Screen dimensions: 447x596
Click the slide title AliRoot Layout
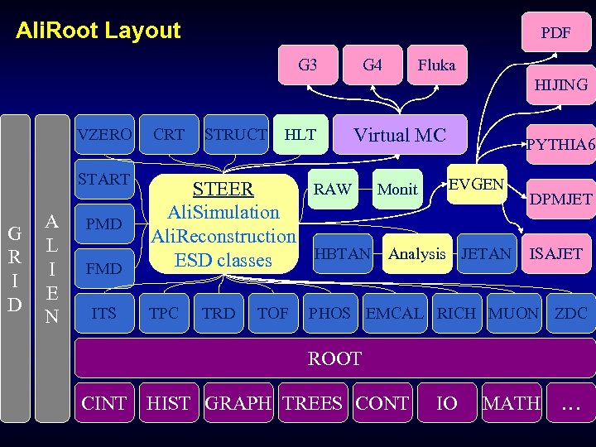99,31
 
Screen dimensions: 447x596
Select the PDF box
555,33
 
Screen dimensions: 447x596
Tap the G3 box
307,65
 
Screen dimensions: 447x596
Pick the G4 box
372,65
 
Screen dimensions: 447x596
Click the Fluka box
436,65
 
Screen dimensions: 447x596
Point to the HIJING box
560,84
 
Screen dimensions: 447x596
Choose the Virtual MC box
400,135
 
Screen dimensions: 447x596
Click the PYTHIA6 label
560,145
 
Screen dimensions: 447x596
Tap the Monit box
397,190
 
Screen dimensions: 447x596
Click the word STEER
223,189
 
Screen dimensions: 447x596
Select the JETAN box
486,254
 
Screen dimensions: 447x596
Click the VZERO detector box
104,134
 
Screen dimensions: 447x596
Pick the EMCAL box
393,314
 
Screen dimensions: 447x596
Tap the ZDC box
570,314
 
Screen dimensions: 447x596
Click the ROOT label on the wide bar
334,358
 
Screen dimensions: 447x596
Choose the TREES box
312,403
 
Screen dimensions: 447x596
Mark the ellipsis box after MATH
570,403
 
